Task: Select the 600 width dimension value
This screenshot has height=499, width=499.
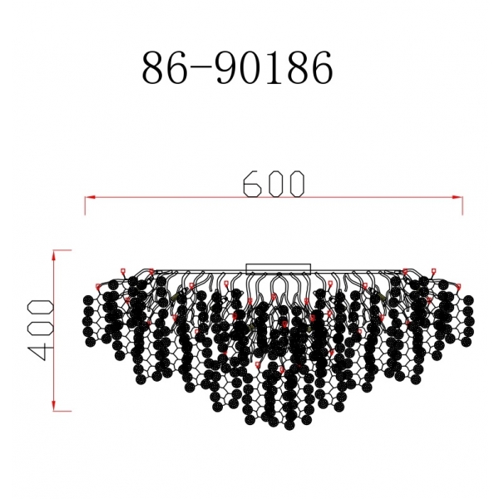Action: pos(274,184)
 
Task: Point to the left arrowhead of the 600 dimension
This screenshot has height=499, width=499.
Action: pos(88,198)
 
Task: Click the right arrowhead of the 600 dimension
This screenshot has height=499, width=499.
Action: pos(459,198)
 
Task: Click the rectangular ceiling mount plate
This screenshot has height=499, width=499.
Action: pos(279,268)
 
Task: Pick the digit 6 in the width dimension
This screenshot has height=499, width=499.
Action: pos(252,184)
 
